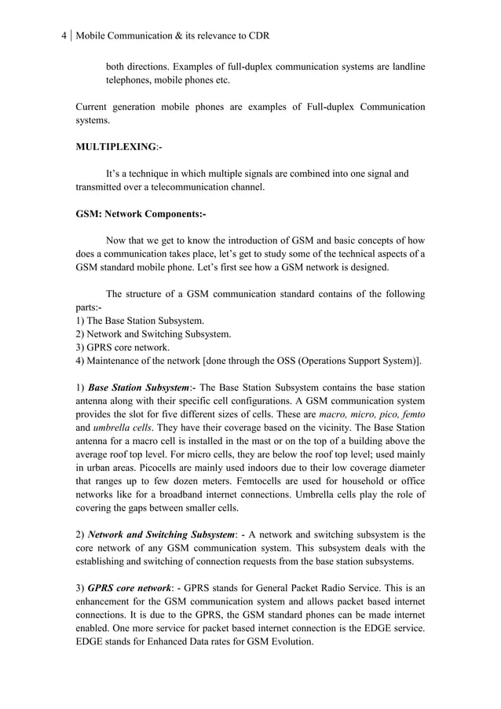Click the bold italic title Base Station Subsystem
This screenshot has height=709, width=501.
point(138,388)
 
